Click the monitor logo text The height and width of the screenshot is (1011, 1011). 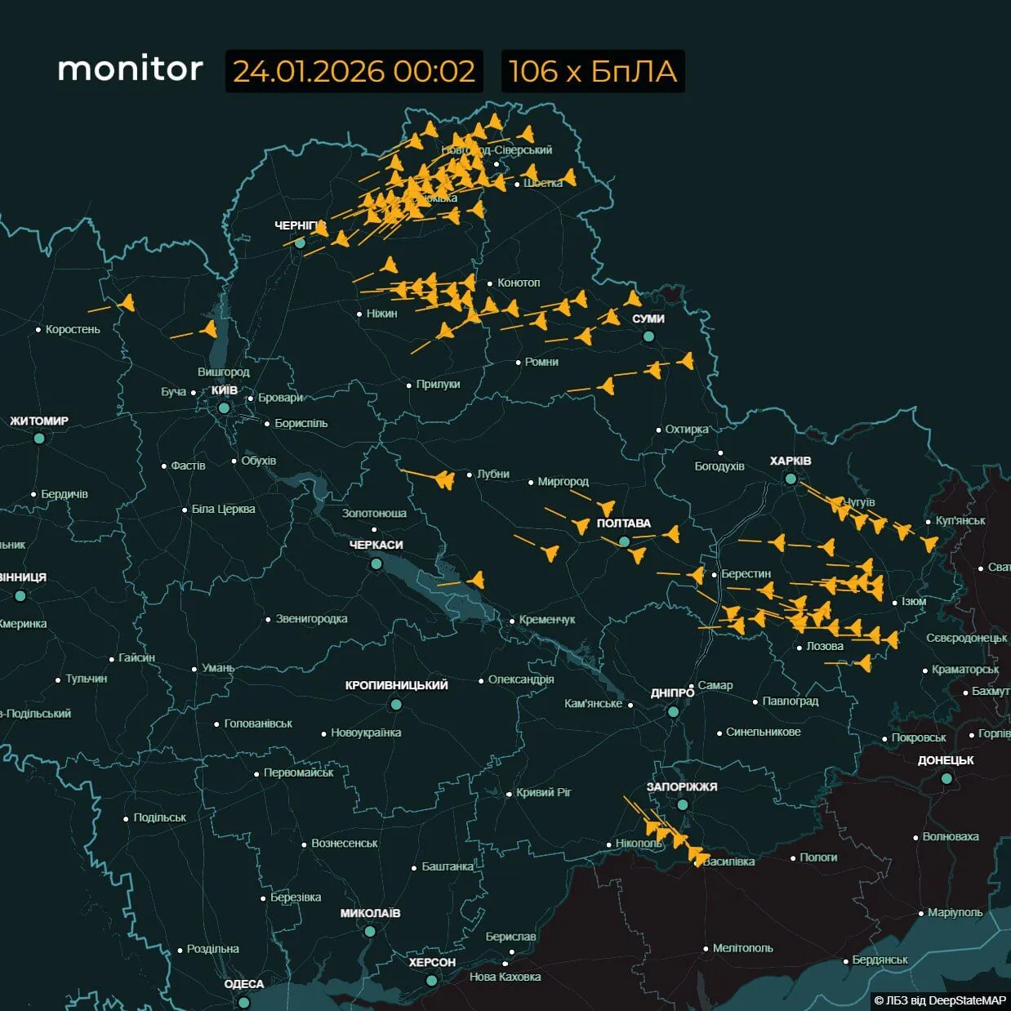click(x=130, y=69)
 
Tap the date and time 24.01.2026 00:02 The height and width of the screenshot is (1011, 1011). click(x=354, y=71)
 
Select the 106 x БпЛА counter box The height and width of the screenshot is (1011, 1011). click(x=592, y=71)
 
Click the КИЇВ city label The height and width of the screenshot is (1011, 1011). click(x=225, y=390)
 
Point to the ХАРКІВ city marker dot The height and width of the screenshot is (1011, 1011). click(x=791, y=479)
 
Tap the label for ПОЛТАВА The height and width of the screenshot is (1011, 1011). click(x=623, y=523)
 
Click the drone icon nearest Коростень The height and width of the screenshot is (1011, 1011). click(x=127, y=303)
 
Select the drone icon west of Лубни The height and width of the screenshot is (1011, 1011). click(x=444, y=479)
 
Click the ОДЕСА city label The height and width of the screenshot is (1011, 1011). click(x=243, y=983)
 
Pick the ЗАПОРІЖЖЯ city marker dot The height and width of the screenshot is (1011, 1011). click(x=683, y=804)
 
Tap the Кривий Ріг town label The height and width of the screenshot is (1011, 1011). click(x=544, y=792)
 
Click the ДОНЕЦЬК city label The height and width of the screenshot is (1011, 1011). click(x=946, y=759)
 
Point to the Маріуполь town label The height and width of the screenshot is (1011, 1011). click(x=955, y=912)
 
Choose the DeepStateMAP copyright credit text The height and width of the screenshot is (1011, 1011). click(x=940, y=1000)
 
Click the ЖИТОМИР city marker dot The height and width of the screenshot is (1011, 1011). click(x=39, y=439)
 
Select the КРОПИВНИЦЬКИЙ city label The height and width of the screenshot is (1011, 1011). click(x=396, y=685)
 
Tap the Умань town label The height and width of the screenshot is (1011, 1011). click(x=218, y=667)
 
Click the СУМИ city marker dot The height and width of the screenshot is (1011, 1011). click(x=648, y=336)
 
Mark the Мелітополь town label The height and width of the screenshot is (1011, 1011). click(x=742, y=948)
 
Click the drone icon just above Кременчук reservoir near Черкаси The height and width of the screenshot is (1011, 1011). click(x=475, y=580)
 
